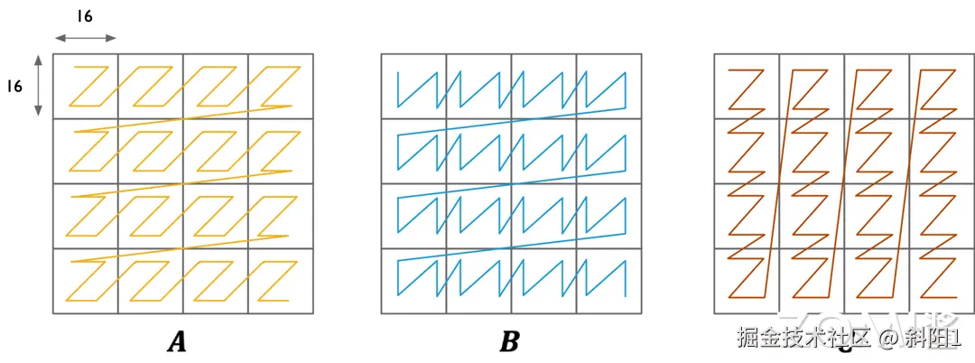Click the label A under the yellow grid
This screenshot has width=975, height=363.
176,341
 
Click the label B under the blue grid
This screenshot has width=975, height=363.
509,341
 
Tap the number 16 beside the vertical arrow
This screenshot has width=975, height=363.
14,86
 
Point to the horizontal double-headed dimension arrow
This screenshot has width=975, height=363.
86,38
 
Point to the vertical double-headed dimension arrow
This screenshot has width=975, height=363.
39,86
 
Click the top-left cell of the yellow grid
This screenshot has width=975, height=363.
86,86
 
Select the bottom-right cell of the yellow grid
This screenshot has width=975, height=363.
281,281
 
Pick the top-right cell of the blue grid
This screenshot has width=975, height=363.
608,86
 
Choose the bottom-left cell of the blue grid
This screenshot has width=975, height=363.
413,281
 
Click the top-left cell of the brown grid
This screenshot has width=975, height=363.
747,86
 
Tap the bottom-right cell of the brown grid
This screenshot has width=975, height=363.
941,281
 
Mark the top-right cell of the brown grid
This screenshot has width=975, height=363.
941,86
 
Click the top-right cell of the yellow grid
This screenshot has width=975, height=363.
281,86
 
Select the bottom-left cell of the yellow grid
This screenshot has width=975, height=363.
86,281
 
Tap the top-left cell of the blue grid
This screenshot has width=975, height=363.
413,86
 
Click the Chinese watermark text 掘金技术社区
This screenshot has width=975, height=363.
803,339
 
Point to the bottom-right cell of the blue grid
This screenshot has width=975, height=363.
608,281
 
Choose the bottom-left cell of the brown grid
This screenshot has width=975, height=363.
747,281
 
